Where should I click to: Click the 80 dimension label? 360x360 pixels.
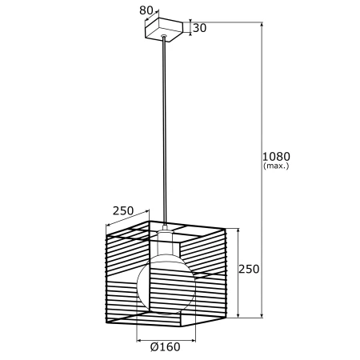(x=146, y=10)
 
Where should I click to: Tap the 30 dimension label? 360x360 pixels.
(x=199, y=28)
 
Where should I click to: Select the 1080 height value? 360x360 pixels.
(x=276, y=156)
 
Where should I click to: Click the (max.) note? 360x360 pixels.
(x=276, y=166)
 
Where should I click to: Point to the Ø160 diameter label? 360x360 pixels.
(x=166, y=346)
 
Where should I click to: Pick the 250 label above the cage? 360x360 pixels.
(x=123, y=211)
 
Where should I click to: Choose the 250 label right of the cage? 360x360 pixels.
(x=249, y=269)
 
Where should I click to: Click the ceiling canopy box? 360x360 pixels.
(x=164, y=30)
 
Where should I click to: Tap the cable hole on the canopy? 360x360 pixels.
(x=163, y=35)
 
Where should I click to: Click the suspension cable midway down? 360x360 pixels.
(x=164, y=130)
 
